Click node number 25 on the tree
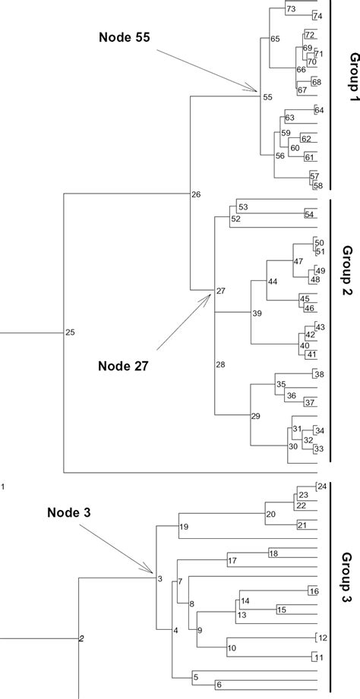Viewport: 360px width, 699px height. pyautogui.click(x=71, y=332)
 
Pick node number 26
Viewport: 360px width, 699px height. pyautogui.click(x=196, y=195)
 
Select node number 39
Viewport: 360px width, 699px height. pyautogui.click(x=257, y=313)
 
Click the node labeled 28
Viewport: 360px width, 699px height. pyautogui.click(x=221, y=365)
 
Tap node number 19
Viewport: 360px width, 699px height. pyautogui.click(x=183, y=527)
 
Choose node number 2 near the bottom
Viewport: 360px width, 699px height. pyautogui.click(x=81, y=638)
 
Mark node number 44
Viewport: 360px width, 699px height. pyautogui.click(x=272, y=282)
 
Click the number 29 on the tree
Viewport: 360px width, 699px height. pyautogui.click(x=256, y=415)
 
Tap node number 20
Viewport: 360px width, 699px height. pyautogui.click(x=270, y=515)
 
